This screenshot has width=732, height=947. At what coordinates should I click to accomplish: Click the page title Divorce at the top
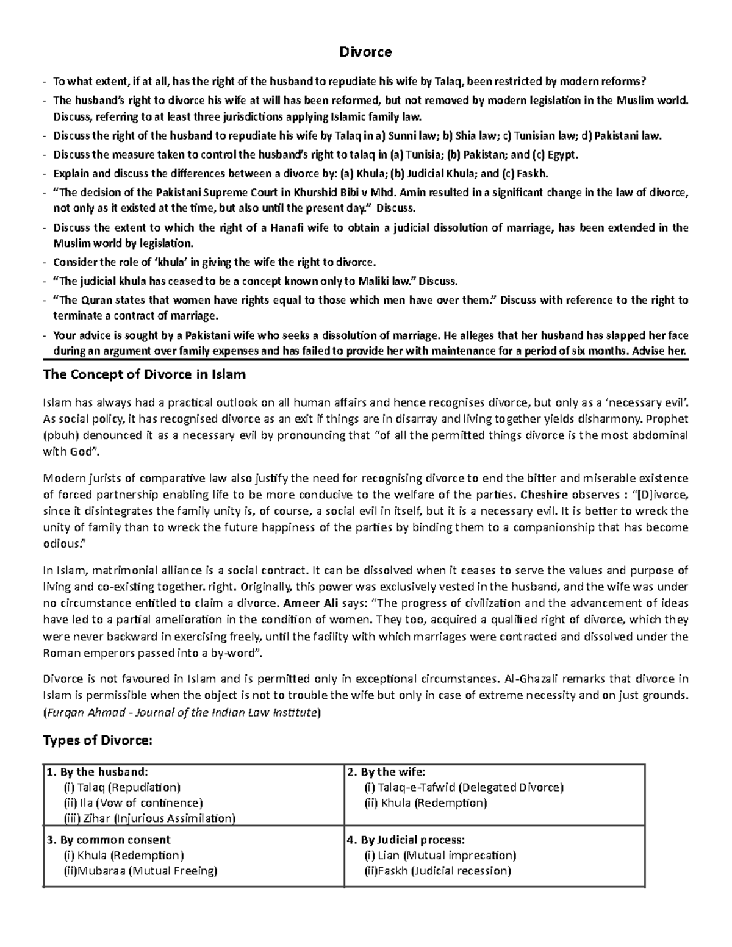click(365, 52)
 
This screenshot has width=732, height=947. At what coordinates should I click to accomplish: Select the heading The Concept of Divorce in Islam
click(144, 374)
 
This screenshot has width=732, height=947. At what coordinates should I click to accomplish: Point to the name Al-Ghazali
click(531, 679)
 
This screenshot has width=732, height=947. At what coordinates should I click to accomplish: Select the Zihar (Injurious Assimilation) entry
click(149, 818)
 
